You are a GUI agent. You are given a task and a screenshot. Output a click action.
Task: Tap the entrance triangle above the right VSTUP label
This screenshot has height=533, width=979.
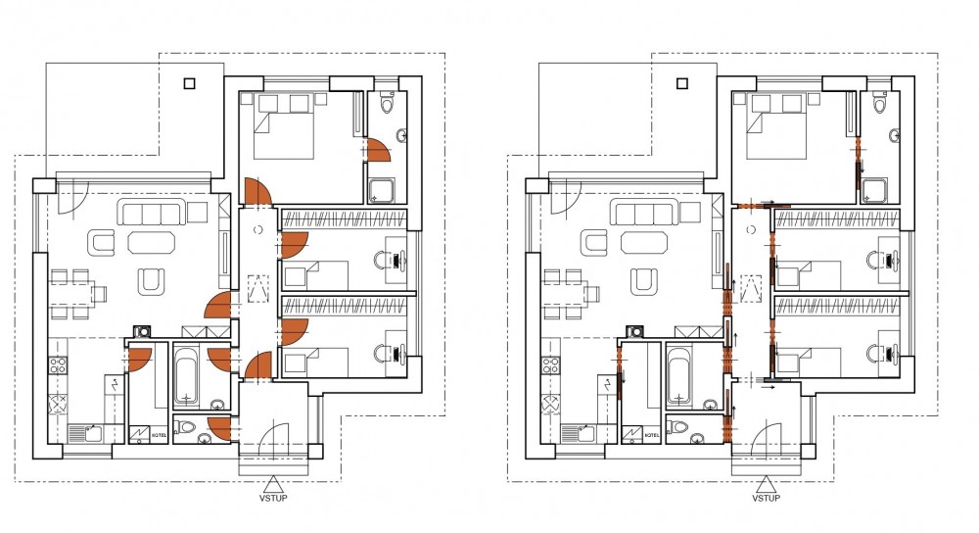[766, 485]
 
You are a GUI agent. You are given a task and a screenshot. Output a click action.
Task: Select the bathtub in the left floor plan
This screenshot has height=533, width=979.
[186, 375]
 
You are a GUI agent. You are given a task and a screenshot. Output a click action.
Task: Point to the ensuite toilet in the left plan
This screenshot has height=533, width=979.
[387, 102]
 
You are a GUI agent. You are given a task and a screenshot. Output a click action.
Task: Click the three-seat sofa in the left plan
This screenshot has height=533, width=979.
[153, 213]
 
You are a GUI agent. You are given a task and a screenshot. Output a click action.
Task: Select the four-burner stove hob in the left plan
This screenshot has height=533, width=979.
[58, 364]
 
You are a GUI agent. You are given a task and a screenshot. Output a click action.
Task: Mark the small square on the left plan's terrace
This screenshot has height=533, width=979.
[190, 83]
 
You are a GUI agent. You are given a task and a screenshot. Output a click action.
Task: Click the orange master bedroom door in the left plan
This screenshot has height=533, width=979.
[256, 192]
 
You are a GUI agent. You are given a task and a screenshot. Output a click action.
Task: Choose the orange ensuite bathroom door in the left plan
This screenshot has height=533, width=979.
[377, 150]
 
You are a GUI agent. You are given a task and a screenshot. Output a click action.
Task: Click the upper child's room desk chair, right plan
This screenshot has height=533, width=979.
[874, 260]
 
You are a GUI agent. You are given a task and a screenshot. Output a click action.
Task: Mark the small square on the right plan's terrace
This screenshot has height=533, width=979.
[682, 83]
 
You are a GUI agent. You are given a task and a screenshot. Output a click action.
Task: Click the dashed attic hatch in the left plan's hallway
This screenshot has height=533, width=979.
[258, 289]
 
